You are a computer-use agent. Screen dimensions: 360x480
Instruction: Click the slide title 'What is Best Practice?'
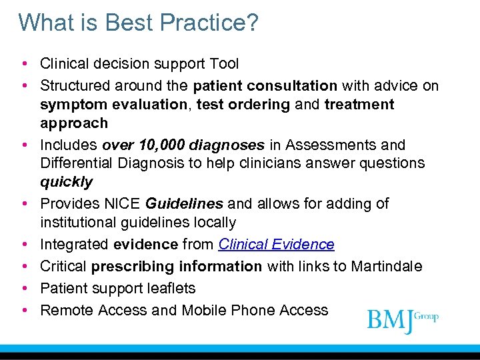(138, 23)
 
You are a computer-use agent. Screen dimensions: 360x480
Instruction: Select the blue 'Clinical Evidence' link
(276, 245)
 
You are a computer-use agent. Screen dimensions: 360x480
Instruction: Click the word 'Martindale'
(389, 267)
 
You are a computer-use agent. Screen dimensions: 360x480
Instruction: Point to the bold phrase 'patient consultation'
(265, 86)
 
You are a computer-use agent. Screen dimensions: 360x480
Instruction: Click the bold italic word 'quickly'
(66, 182)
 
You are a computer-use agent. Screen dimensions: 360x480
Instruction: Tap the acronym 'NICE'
(124, 203)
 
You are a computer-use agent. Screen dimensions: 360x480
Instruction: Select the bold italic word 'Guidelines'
(183, 203)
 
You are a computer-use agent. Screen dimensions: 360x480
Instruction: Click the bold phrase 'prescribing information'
(176, 267)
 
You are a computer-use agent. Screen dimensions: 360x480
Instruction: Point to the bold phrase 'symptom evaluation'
(114, 105)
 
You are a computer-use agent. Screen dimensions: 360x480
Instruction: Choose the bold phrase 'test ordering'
(243, 105)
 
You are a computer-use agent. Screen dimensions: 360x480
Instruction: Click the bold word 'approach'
(73, 123)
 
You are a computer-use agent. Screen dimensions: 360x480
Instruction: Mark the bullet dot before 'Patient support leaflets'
(24, 289)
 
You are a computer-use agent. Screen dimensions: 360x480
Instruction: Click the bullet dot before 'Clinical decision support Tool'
(24, 64)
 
